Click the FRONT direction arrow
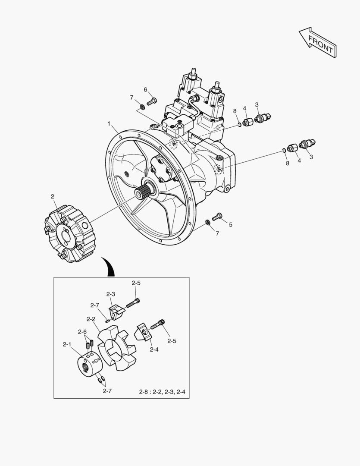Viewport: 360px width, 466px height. click(x=317, y=42)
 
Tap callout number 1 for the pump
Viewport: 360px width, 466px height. click(x=109, y=123)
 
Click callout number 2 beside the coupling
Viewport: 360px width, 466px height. click(x=53, y=196)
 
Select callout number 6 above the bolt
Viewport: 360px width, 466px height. click(x=145, y=89)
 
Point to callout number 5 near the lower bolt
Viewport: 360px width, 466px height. click(x=231, y=225)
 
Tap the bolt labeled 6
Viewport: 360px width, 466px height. click(x=151, y=101)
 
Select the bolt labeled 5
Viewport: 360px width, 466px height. click(x=217, y=216)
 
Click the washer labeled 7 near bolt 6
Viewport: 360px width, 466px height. click(x=142, y=107)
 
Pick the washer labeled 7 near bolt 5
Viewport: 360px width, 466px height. click(x=208, y=222)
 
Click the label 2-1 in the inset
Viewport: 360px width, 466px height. click(x=67, y=344)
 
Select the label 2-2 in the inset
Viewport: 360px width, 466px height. click(x=91, y=319)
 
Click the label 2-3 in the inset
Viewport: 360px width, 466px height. click(x=110, y=294)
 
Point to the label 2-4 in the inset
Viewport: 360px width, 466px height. click(x=154, y=349)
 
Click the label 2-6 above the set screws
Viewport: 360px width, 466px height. click(x=82, y=332)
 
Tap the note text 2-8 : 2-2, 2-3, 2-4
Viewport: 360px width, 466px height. click(x=162, y=392)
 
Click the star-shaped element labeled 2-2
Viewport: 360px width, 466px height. click(x=117, y=348)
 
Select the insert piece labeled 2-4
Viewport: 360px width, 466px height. click(x=144, y=332)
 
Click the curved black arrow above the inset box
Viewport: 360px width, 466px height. click(x=110, y=267)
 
